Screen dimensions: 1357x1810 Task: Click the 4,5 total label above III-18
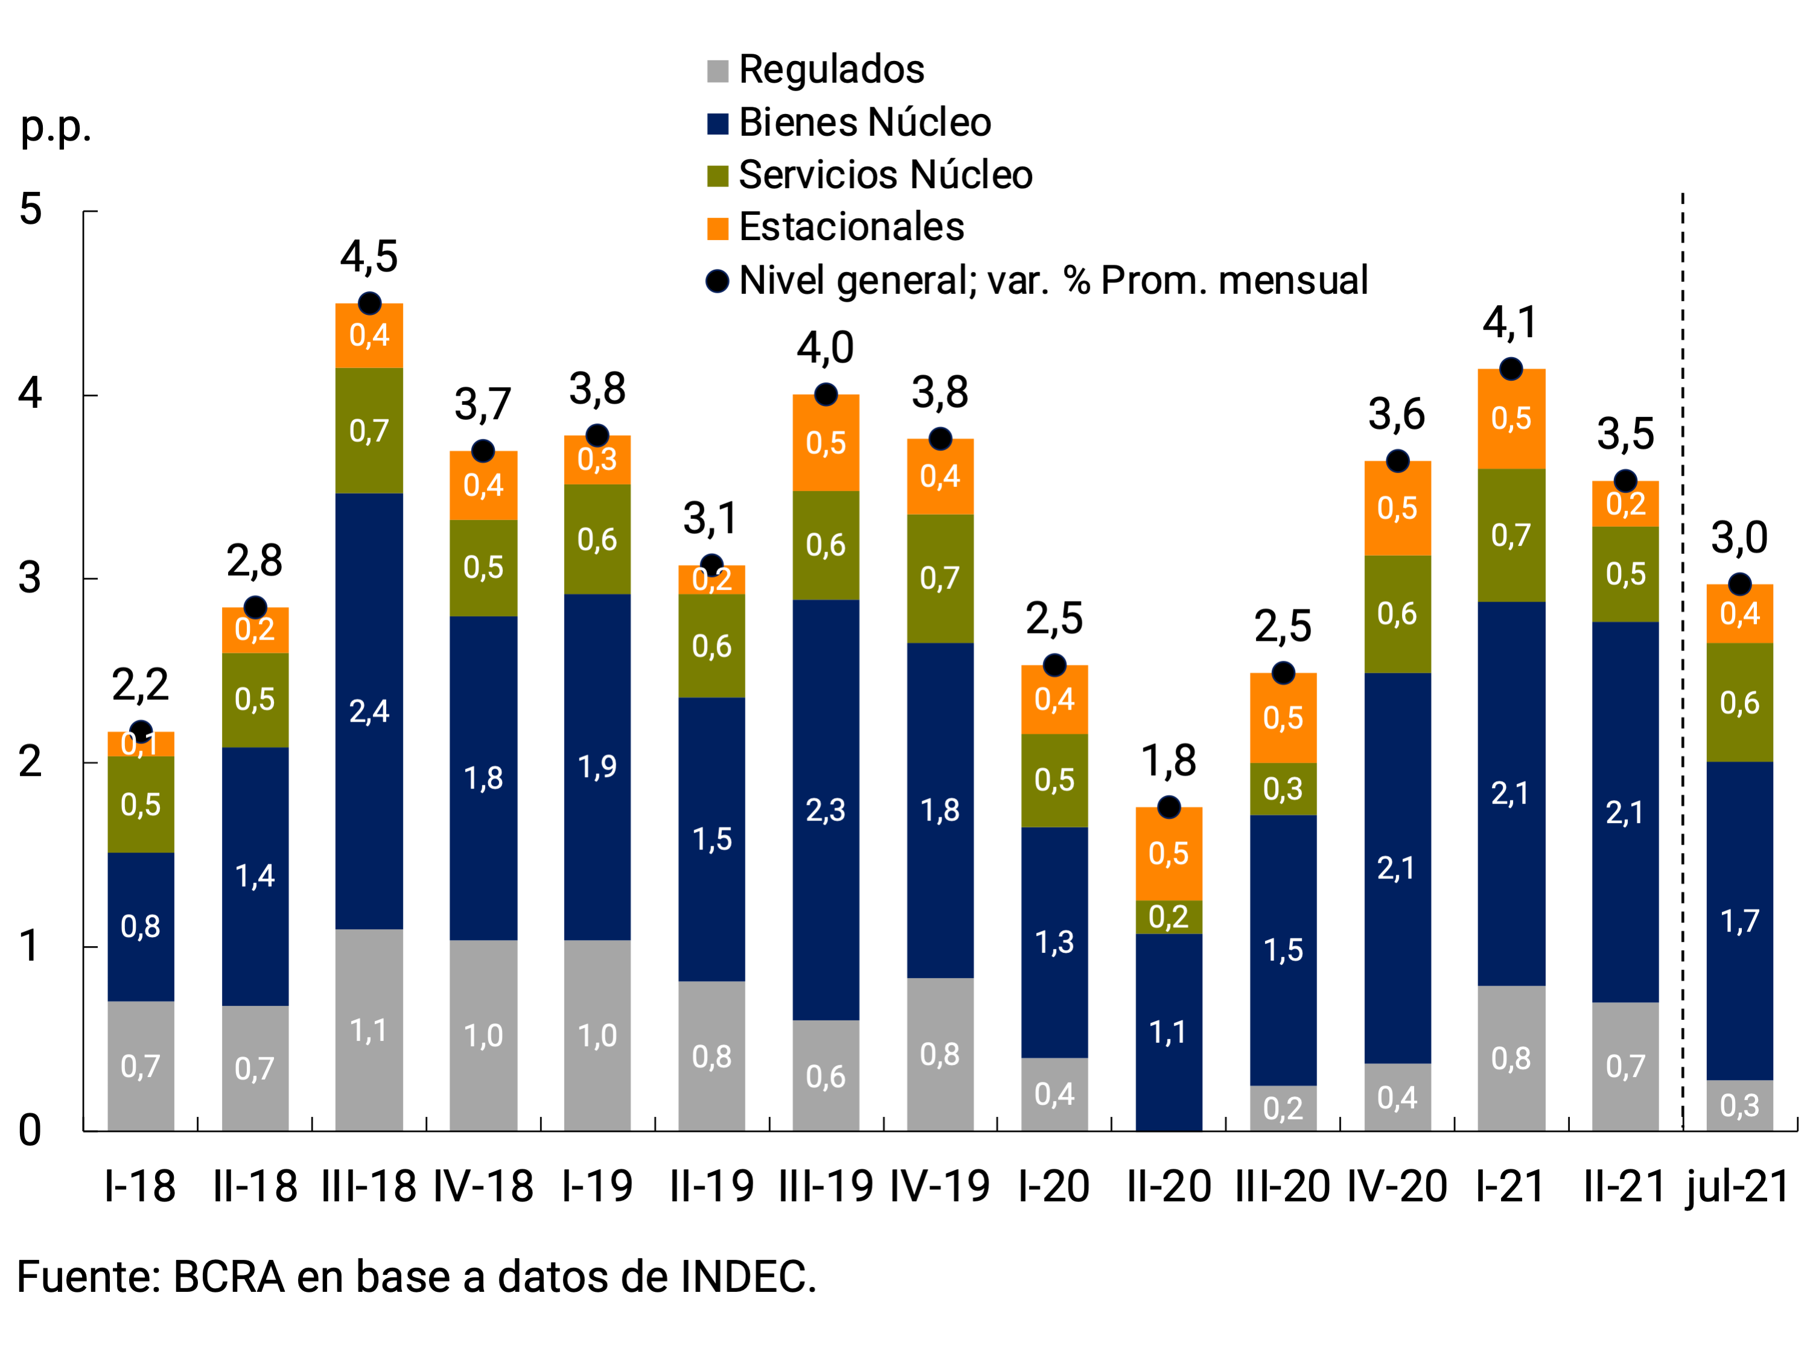coord(369,257)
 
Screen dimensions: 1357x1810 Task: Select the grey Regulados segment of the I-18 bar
coord(141,1066)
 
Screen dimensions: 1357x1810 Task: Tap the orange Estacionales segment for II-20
coord(1168,854)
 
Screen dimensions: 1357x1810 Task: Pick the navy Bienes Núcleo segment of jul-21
coord(1739,921)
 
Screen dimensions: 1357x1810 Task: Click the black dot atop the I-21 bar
coord(1511,369)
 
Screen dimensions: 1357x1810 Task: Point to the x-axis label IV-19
coord(939,1186)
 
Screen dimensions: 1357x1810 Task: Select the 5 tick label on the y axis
coord(30,209)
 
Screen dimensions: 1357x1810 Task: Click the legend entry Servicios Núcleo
coord(885,174)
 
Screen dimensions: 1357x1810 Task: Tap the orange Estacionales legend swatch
coord(718,228)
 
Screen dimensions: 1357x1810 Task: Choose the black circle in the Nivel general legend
coord(718,281)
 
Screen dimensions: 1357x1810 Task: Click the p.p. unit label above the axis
coord(56,127)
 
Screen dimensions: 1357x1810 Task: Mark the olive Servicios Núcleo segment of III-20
coord(1283,789)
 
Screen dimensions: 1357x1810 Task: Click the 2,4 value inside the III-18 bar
coord(369,711)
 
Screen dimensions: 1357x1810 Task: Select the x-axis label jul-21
coord(1738,1186)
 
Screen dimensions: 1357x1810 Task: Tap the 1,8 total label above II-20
coord(1168,761)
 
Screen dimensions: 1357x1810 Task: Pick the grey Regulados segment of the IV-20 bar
coord(1397,1097)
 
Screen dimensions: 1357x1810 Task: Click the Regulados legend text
coord(831,69)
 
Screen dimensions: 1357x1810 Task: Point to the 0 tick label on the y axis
coord(30,1130)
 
